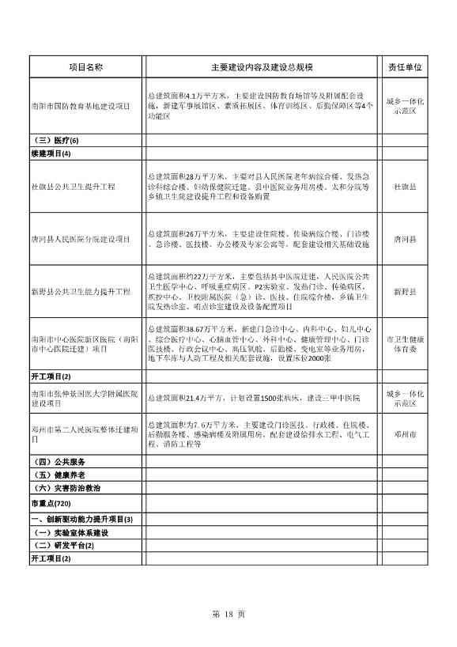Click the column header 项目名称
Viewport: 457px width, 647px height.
85,68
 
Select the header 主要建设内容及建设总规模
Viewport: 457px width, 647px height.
260,68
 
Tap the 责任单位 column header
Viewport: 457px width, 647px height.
404,68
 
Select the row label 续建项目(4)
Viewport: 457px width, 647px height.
51,153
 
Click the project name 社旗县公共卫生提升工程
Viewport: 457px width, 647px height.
73,187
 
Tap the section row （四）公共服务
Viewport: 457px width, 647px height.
57,461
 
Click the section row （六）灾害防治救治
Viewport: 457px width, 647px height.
63,489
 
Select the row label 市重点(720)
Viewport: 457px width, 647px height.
51,504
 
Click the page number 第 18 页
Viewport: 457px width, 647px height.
229,615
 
